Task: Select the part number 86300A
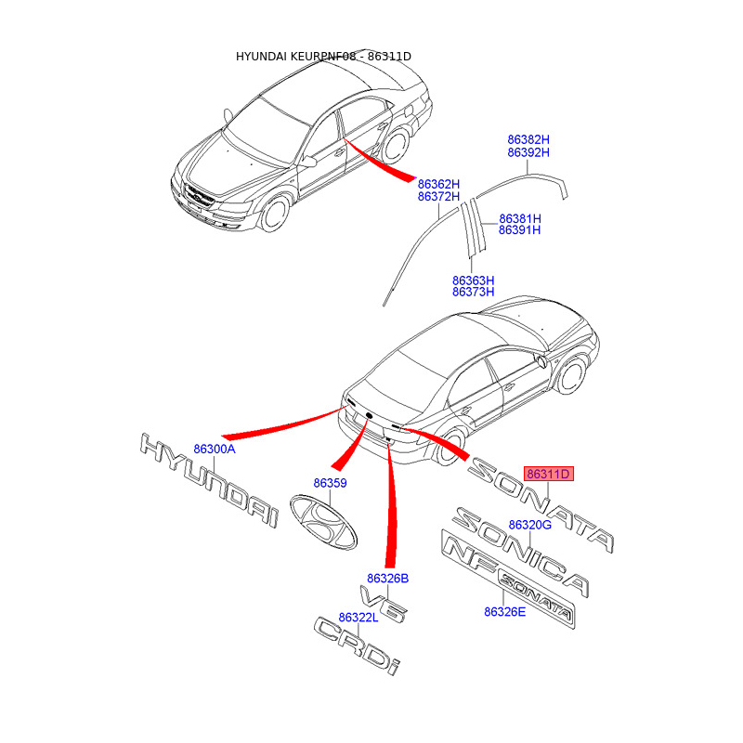215,449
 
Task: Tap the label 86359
330,483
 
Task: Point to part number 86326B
387,578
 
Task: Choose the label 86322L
358,618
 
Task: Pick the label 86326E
504,611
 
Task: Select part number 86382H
528,139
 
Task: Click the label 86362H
439,184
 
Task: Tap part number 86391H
519,230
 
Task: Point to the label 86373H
473,293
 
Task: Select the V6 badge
382,605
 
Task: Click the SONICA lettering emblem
520,554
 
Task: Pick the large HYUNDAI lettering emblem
209,480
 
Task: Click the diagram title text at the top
323,57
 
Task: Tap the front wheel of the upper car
273,215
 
